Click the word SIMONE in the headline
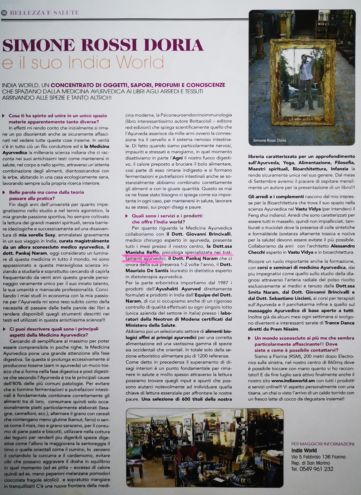point(39,46)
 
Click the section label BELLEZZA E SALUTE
point(44,13)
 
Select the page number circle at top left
point(4,13)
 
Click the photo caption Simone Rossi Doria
point(269,140)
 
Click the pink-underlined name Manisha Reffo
point(142,252)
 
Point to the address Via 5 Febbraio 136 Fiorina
point(318,457)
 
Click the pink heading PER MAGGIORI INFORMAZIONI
point(322,444)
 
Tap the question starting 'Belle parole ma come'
point(47,195)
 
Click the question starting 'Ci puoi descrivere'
point(54,332)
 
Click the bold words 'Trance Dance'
point(339,323)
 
